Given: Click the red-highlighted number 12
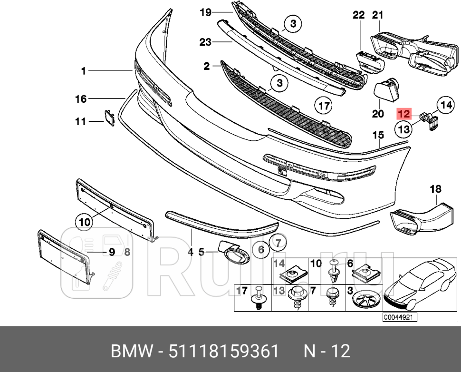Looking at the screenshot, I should click(403, 114).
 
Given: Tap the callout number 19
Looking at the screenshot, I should click(205, 12).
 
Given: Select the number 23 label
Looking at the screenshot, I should click(205, 42).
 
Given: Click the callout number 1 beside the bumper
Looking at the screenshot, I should click(84, 71).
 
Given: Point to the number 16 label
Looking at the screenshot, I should click(81, 99).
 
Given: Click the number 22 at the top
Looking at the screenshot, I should click(358, 15).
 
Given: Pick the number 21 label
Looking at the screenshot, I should click(377, 15).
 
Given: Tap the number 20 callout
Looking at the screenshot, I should click(378, 114).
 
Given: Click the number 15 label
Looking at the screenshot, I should click(378, 136).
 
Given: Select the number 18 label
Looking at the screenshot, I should click(435, 189).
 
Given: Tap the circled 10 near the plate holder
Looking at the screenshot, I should click(84, 221).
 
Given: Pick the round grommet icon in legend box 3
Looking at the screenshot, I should click(365, 301).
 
